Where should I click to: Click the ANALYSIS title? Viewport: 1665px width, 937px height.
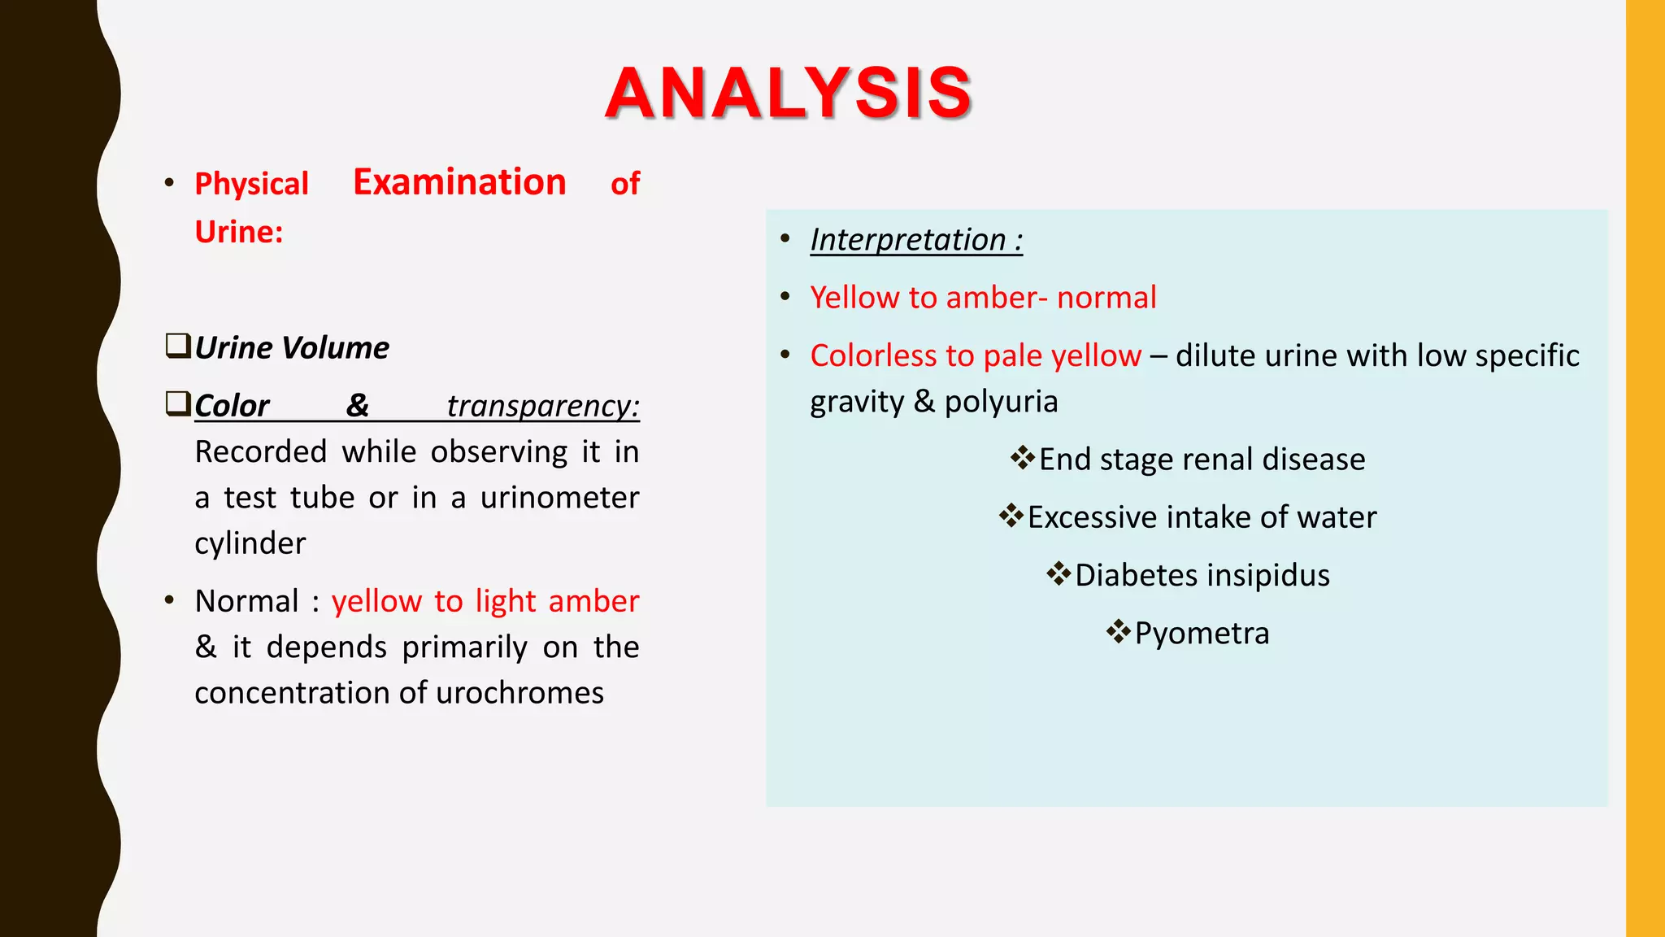click(x=788, y=93)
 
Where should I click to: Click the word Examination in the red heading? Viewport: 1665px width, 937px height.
click(x=459, y=182)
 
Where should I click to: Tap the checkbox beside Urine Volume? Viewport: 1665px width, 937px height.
click(x=178, y=346)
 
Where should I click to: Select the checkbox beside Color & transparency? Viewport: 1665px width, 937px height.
click(x=178, y=403)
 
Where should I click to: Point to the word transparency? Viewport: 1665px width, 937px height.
click(x=543, y=406)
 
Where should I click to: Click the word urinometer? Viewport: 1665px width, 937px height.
click(x=559, y=498)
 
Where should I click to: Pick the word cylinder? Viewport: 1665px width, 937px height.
click(x=250, y=543)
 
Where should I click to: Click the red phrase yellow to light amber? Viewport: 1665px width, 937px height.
click(x=485, y=601)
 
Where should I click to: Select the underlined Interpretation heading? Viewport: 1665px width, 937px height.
click(x=916, y=240)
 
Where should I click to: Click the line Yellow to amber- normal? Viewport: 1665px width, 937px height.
click(x=983, y=298)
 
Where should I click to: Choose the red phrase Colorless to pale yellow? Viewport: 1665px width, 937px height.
click(x=976, y=355)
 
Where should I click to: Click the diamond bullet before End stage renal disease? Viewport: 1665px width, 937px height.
click(x=1022, y=458)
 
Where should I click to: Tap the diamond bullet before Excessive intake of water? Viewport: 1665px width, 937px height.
click(x=1011, y=516)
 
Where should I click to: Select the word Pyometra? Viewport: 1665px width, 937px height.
click(x=1202, y=633)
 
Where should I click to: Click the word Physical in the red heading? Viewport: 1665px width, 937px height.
click(x=252, y=184)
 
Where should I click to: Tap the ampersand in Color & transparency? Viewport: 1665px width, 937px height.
click(x=358, y=405)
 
